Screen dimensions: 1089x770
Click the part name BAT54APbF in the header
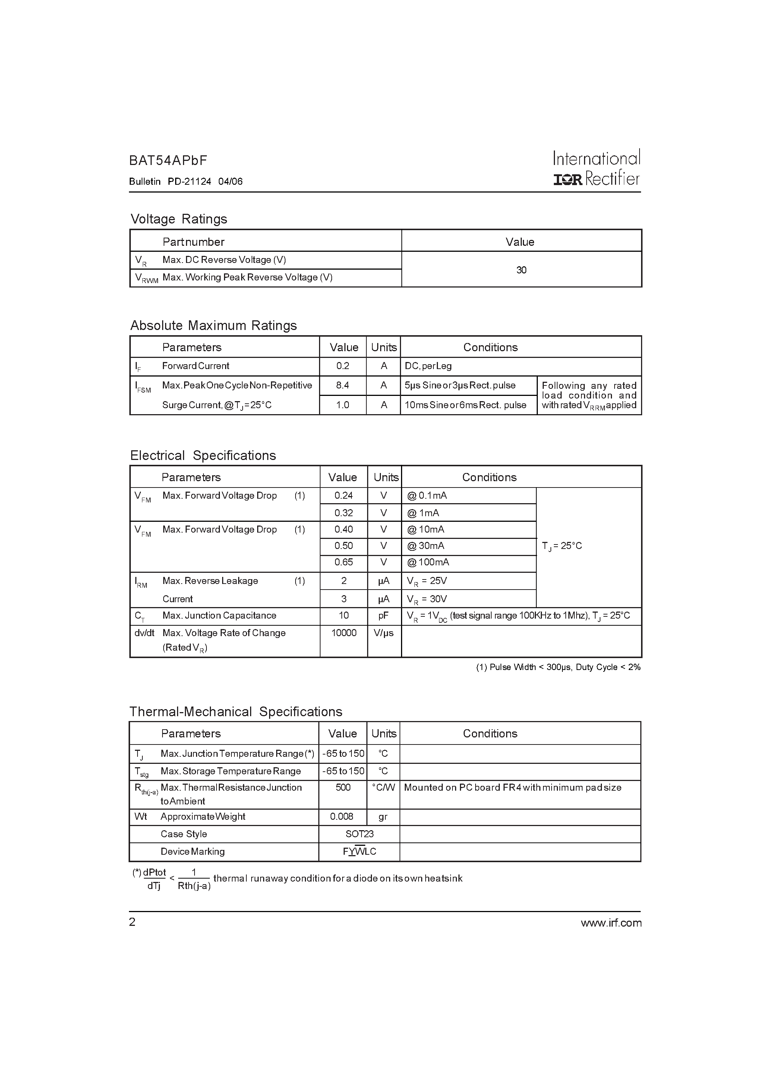pyautogui.click(x=168, y=161)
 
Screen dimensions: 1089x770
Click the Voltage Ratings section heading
pyautogui.click(x=179, y=219)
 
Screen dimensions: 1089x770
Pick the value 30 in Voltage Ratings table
pyautogui.click(x=521, y=270)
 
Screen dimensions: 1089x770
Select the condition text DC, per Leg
pyautogui.click(x=428, y=366)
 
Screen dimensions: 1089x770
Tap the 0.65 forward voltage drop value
pyautogui.click(x=343, y=562)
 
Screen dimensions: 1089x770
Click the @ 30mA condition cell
pyautogui.click(x=426, y=546)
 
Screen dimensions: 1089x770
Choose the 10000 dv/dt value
pyautogui.click(x=343, y=633)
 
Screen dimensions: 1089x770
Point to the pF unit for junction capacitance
pyautogui.click(x=384, y=615)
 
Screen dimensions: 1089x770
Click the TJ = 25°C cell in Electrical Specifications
pyautogui.click(x=562, y=546)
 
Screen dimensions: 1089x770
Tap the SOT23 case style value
pyautogui.click(x=359, y=834)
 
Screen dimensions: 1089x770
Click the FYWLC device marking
pyautogui.click(x=359, y=851)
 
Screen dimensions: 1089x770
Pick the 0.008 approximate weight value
pyautogui.click(x=342, y=816)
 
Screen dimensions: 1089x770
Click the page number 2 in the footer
pyautogui.click(x=132, y=922)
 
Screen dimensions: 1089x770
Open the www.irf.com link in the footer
pyautogui.click(x=611, y=923)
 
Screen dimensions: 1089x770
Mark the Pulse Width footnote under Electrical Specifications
pyautogui.click(x=558, y=667)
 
